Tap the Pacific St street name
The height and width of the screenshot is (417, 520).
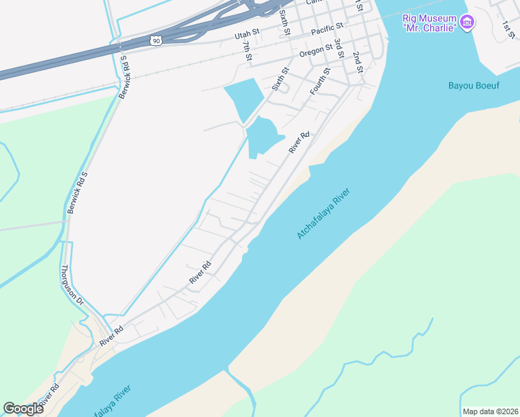coord(327,28)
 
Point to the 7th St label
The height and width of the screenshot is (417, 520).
coord(247,49)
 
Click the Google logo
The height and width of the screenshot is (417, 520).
coord(23,409)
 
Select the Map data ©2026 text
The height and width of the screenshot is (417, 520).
coord(489,411)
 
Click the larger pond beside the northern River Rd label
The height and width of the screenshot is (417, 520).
coord(263,135)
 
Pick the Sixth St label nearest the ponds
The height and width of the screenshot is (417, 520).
coord(279,85)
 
